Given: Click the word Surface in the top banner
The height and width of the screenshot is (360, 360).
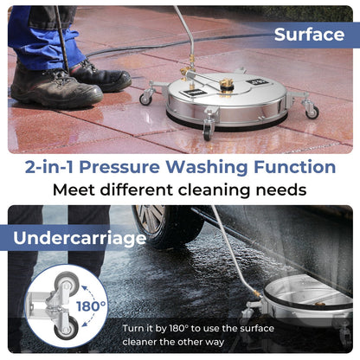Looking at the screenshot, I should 310,35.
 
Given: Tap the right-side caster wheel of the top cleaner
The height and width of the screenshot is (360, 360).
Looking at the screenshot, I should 311,111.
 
